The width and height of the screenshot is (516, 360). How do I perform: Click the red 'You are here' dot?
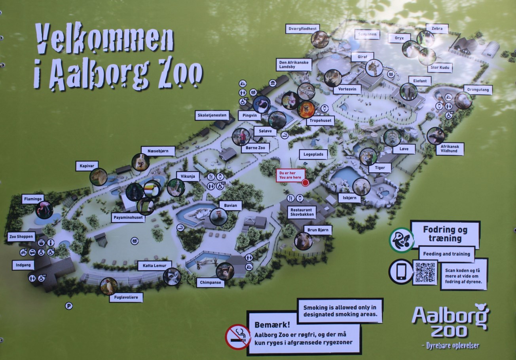pyautogui.click(x=305, y=183)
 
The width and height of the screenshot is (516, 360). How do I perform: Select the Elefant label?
pyautogui.click(x=419, y=81)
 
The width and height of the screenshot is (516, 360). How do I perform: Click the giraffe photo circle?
pyautogui.click(x=374, y=68)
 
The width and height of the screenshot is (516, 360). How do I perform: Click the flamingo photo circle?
pyautogui.click(x=44, y=210)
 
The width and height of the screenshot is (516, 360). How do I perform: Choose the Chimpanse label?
pyautogui.click(x=210, y=283)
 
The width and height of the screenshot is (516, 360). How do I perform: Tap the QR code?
pyautogui.click(x=425, y=272)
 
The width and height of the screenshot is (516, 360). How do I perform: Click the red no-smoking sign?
pyautogui.click(x=237, y=337)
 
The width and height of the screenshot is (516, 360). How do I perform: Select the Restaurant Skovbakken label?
pyautogui.click(x=302, y=212)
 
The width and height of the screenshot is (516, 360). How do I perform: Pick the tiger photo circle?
pyautogui.click(x=368, y=157)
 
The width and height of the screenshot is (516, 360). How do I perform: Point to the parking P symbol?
pyautogui.click(x=69, y=306)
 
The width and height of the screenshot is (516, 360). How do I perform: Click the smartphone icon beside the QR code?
pyautogui.click(x=401, y=272)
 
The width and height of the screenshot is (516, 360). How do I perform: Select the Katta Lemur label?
pyautogui.click(x=154, y=265)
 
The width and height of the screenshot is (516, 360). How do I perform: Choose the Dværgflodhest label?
pyautogui.click(x=302, y=29)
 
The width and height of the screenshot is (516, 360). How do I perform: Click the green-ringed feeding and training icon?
pyautogui.click(x=401, y=240)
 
